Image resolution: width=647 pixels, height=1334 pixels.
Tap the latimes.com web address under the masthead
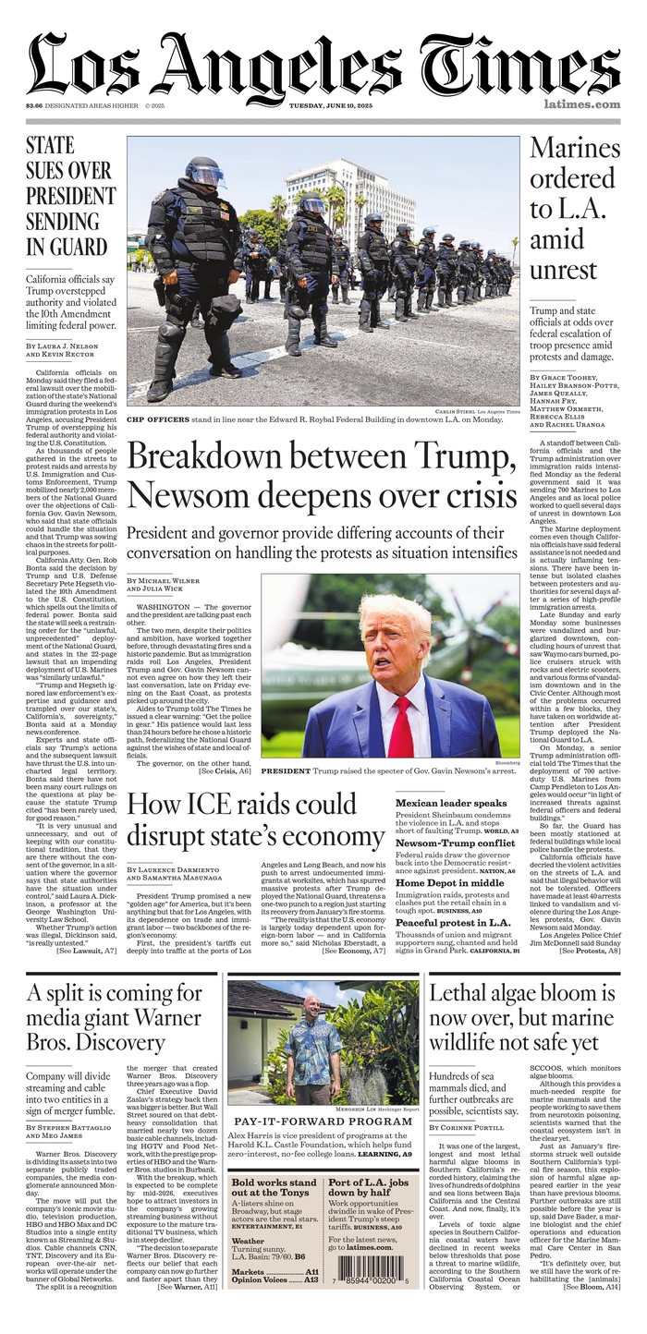581,104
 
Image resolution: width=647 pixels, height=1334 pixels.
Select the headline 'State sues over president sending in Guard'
70,196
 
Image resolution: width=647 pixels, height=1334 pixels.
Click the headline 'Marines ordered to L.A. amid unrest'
574,208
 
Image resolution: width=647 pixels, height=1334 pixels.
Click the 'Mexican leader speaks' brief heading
450,804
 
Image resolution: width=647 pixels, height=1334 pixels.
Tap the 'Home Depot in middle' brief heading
449,883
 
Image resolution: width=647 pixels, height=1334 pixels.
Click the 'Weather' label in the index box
248,1241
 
